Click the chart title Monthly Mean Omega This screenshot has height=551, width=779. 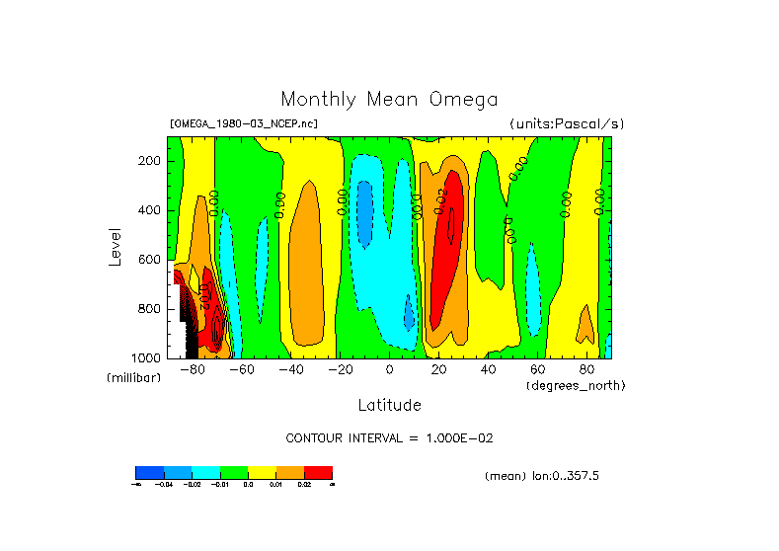(x=389, y=99)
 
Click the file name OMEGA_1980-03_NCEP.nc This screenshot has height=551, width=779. (x=244, y=123)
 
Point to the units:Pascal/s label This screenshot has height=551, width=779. (x=567, y=123)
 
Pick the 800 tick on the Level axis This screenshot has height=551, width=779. (x=150, y=309)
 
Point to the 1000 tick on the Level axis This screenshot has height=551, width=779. (x=147, y=357)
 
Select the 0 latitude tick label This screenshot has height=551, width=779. (x=389, y=369)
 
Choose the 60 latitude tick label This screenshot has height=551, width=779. (x=537, y=369)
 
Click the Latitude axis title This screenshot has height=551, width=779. (x=389, y=405)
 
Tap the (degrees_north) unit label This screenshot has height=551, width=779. (x=576, y=384)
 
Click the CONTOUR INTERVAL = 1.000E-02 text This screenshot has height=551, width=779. (x=396, y=437)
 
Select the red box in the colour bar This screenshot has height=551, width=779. (x=318, y=472)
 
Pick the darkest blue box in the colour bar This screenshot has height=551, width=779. (x=149, y=472)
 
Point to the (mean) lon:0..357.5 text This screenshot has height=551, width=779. (x=542, y=476)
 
